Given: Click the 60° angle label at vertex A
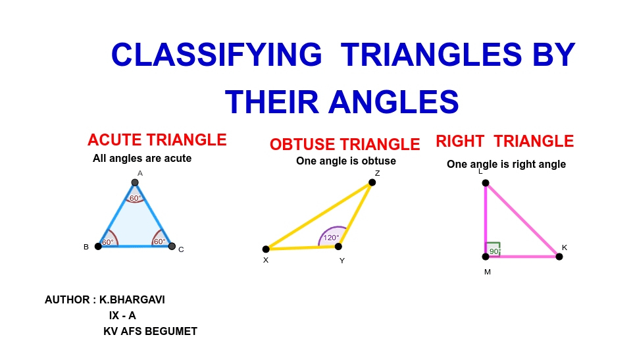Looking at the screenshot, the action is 136,198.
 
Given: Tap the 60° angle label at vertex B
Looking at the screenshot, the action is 108,242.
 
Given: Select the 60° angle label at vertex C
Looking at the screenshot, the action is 159,242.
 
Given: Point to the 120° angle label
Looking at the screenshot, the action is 331,238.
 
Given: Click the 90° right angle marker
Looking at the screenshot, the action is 493,249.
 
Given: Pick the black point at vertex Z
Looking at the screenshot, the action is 372,182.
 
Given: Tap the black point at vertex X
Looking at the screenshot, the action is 266,249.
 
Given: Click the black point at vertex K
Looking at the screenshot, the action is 559,257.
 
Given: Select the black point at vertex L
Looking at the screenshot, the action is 486,183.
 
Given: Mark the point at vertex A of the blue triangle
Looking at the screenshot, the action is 135,182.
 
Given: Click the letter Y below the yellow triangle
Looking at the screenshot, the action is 342,261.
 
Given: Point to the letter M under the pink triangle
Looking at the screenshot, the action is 488,272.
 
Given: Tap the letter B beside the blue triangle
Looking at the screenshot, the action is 86,247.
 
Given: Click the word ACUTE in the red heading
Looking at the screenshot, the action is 114,140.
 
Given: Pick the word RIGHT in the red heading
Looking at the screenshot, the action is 460,141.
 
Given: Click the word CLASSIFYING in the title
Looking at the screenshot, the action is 216,55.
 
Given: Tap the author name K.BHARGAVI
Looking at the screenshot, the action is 132,300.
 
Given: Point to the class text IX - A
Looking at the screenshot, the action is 122,316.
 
